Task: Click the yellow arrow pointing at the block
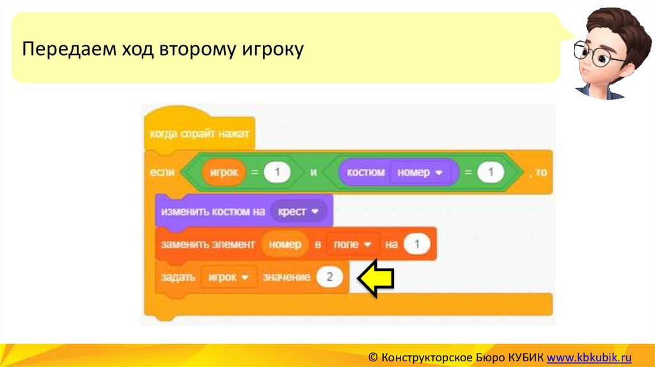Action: click(x=375, y=277)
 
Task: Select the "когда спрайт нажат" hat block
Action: click(x=199, y=134)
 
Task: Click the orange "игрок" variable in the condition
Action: click(x=223, y=173)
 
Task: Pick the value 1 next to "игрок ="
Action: click(x=278, y=173)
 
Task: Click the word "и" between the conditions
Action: click(x=313, y=173)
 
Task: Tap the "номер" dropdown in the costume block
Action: click(x=420, y=173)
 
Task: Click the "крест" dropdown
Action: click(x=298, y=211)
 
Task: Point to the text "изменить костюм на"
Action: click(x=212, y=212)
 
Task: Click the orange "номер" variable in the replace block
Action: click(x=285, y=244)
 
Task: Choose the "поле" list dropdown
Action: click(x=352, y=244)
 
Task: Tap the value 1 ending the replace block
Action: click(x=417, y=244)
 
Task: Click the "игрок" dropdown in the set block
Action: click(x=228, y=277)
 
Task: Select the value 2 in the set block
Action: click(x=329, y=277)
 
